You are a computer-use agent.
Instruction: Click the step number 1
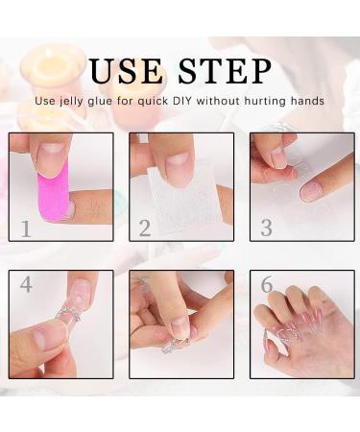click(x=26, y=228)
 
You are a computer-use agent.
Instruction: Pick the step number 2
click(x=145, y=228)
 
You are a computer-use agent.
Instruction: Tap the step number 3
click(x=266, y=228)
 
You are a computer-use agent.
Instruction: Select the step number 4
click(x=26, y=285)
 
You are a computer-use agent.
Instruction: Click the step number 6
click(x=266, y=285)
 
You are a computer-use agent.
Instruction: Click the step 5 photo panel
click(x=181, y=324)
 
